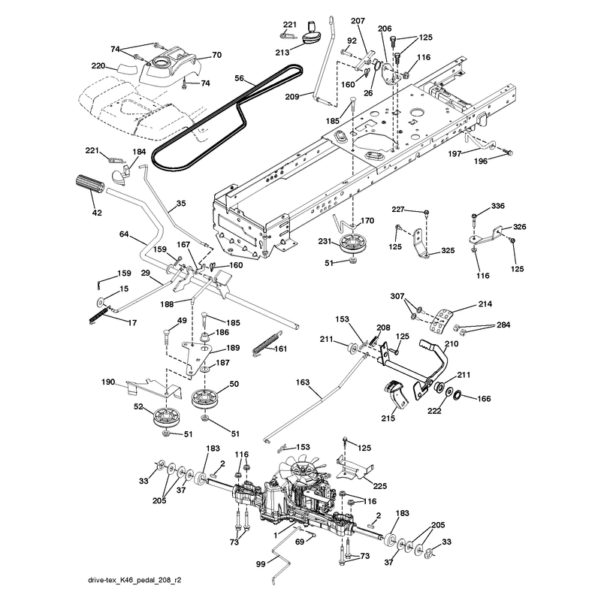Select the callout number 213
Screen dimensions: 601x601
pos(282,52)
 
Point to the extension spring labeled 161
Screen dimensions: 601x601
pos(266,343)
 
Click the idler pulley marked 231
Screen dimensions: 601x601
pos(351,244)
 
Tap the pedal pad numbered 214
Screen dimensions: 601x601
pos(441,322)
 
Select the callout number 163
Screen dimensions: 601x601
pos(303,382)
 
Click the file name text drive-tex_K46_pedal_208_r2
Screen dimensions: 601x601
pos(134,580)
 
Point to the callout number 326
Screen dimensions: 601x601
pos(519,227)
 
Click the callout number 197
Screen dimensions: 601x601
pos(455,154)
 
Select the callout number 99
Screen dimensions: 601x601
pos(261,564)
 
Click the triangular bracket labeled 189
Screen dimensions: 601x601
pos(196,356)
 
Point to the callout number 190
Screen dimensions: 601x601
pos(108,382)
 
